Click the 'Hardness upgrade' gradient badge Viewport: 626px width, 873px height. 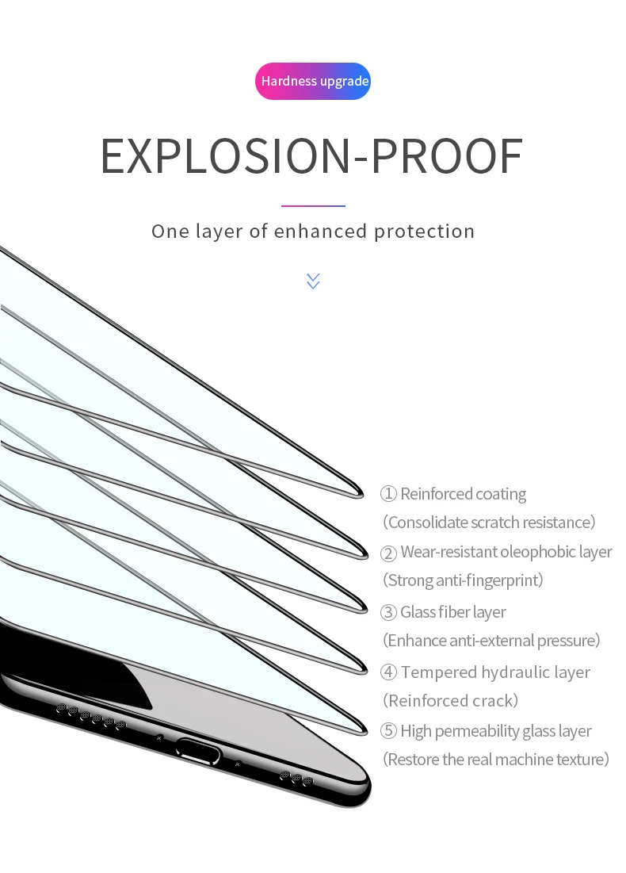tap(313, 82)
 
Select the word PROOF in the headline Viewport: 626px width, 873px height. tap(447, 157)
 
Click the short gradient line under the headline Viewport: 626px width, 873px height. tap(313, 206)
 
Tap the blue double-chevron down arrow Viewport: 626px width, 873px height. tap(313, 281)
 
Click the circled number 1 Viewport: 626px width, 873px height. tap(388, 494)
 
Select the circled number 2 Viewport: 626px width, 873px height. tap(388, 553)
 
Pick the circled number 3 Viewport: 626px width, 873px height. tap(388, 612)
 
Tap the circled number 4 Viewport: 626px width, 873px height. tap(388, 672)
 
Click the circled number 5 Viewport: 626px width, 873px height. tap(388, 731)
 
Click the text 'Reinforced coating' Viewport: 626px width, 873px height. tap(463, 494)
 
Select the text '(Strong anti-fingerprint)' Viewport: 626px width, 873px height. tap(463, 580)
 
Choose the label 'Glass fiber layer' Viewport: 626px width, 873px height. tap(452, 612)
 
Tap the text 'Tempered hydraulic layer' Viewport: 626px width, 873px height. tap(495, 672)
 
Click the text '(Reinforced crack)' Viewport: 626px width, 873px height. tap(450, 701)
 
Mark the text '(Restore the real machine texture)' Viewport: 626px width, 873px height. tap(496, 760)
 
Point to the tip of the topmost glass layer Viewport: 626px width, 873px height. tap(361, 493)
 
